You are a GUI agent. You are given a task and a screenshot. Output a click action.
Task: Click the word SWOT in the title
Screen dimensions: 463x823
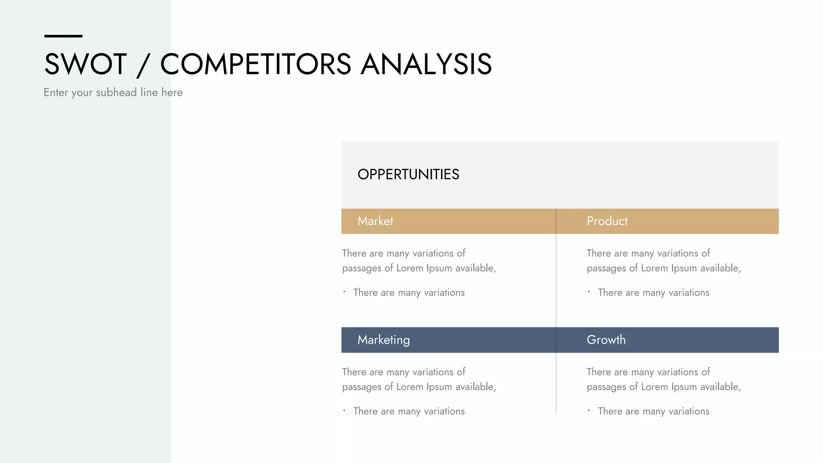pos(86,64)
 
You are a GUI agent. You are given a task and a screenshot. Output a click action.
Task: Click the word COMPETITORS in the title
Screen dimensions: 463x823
pos(256,64)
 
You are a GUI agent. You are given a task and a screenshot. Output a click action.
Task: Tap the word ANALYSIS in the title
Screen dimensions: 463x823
pos(426,64)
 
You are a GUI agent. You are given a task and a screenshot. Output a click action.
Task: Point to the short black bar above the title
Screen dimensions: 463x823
pos(63,36)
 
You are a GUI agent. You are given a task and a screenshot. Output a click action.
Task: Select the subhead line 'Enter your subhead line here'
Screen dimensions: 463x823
pos(113,92)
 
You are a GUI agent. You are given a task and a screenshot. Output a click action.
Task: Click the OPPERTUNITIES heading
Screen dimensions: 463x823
pos(408,174)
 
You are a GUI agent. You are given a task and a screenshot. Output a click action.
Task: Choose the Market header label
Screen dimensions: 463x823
pos(375,221)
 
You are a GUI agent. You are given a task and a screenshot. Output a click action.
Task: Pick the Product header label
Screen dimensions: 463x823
pos(607,221)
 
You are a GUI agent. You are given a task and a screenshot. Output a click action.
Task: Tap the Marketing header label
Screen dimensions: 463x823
pos(383,340)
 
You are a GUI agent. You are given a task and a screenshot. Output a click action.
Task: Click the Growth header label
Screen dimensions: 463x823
pos(606,340)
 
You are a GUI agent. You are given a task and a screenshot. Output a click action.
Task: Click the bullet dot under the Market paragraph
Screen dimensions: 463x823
pos(344,292)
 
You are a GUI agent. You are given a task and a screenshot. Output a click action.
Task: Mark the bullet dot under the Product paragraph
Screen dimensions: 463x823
pos(589,292)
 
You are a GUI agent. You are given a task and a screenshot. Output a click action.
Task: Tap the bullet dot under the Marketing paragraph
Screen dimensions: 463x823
pos(344,410)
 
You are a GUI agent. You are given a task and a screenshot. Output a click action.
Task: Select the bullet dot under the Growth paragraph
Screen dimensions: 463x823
pos(589,410)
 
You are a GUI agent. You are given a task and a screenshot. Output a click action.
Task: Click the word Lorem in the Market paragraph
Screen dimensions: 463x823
pos(409,268)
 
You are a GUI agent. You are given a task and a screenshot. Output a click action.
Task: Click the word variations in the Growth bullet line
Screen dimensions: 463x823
pos(689,411)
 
